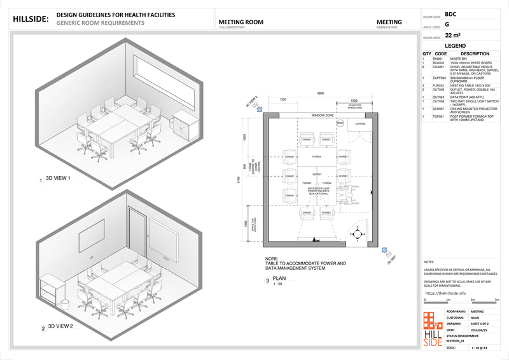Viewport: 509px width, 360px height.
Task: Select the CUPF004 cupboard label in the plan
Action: tap(360, 123)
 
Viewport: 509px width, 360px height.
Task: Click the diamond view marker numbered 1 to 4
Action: tap(360, 234)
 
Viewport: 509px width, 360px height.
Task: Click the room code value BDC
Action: tap(450, 13)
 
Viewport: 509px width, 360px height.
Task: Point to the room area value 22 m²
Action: tap(452, 36)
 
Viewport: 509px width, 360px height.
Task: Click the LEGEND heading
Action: tap(456, 46)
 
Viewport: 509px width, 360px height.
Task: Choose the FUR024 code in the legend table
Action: tap(438, 85)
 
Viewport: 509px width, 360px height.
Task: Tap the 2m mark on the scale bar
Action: tap(474, 299)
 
